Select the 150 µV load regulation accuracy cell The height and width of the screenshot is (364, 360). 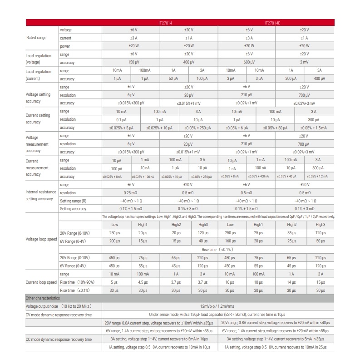pyautogui.click(x=131, y=62)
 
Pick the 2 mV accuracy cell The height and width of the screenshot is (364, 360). pyautogui.click(x=304, y=62)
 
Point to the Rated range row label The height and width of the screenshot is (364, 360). pyautogui.click(x=34, y=38)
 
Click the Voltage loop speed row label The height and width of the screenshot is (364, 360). pyautogui.click(x=41, y=238)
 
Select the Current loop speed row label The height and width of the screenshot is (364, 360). pyautogui.click(x=41, y=282)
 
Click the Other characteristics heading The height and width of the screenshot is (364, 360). pyautogui.click(x=42, y=298)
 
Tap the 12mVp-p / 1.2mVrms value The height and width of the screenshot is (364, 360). pyautogui.click(x=217, y=306)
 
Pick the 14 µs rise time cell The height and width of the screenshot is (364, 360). pyautogui.click(x=291, y=282)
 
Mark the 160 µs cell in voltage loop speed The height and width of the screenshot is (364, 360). pyautogui.click(x=230, y=241)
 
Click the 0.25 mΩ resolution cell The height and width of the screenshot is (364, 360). pyautogui.click(x=131, y=192)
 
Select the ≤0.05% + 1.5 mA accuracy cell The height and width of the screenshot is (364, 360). pyautogui.click(x=313, y=128)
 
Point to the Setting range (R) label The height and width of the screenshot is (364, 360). pyautogui.click(x=73, y=201)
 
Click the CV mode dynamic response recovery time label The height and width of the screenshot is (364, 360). pyautogui.click(x=59, y=315)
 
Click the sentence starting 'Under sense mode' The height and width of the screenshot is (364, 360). pyautogui.click(x=217, y=315)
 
